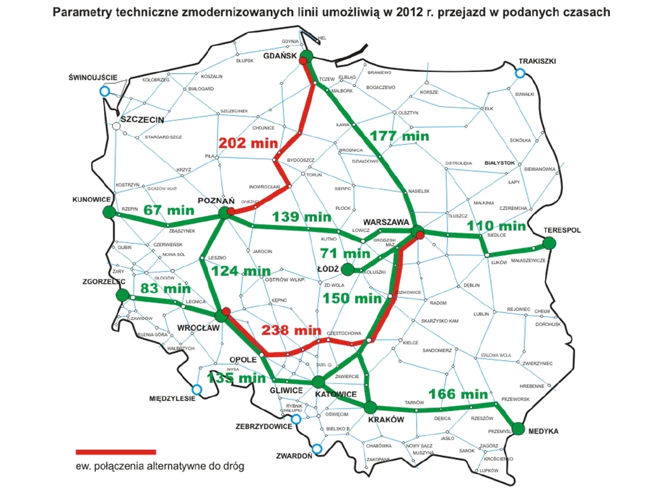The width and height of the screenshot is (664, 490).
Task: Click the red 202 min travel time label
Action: point(248,143)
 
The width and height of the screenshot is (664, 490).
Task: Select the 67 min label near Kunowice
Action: point(169,210)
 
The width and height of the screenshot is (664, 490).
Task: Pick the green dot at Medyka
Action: point(518,429)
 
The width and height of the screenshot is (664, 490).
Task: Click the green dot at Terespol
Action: point(549,242)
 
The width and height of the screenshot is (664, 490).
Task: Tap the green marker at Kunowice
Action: point(109,212)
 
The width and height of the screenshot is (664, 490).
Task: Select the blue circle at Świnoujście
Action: point(104,91)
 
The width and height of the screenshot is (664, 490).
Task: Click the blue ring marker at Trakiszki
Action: point(520,73)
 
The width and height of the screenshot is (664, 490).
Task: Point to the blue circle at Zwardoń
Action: point(317,448)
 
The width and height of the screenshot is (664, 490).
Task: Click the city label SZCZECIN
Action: point(142,120)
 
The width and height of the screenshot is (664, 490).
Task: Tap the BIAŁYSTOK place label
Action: point(499,163)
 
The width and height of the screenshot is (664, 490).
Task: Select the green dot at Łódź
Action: point(347,269)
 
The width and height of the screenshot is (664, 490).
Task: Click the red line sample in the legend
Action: point(116,451)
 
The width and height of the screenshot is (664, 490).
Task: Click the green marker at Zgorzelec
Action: point(123,295)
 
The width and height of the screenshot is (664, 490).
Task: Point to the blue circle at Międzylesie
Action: point(197,390)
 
